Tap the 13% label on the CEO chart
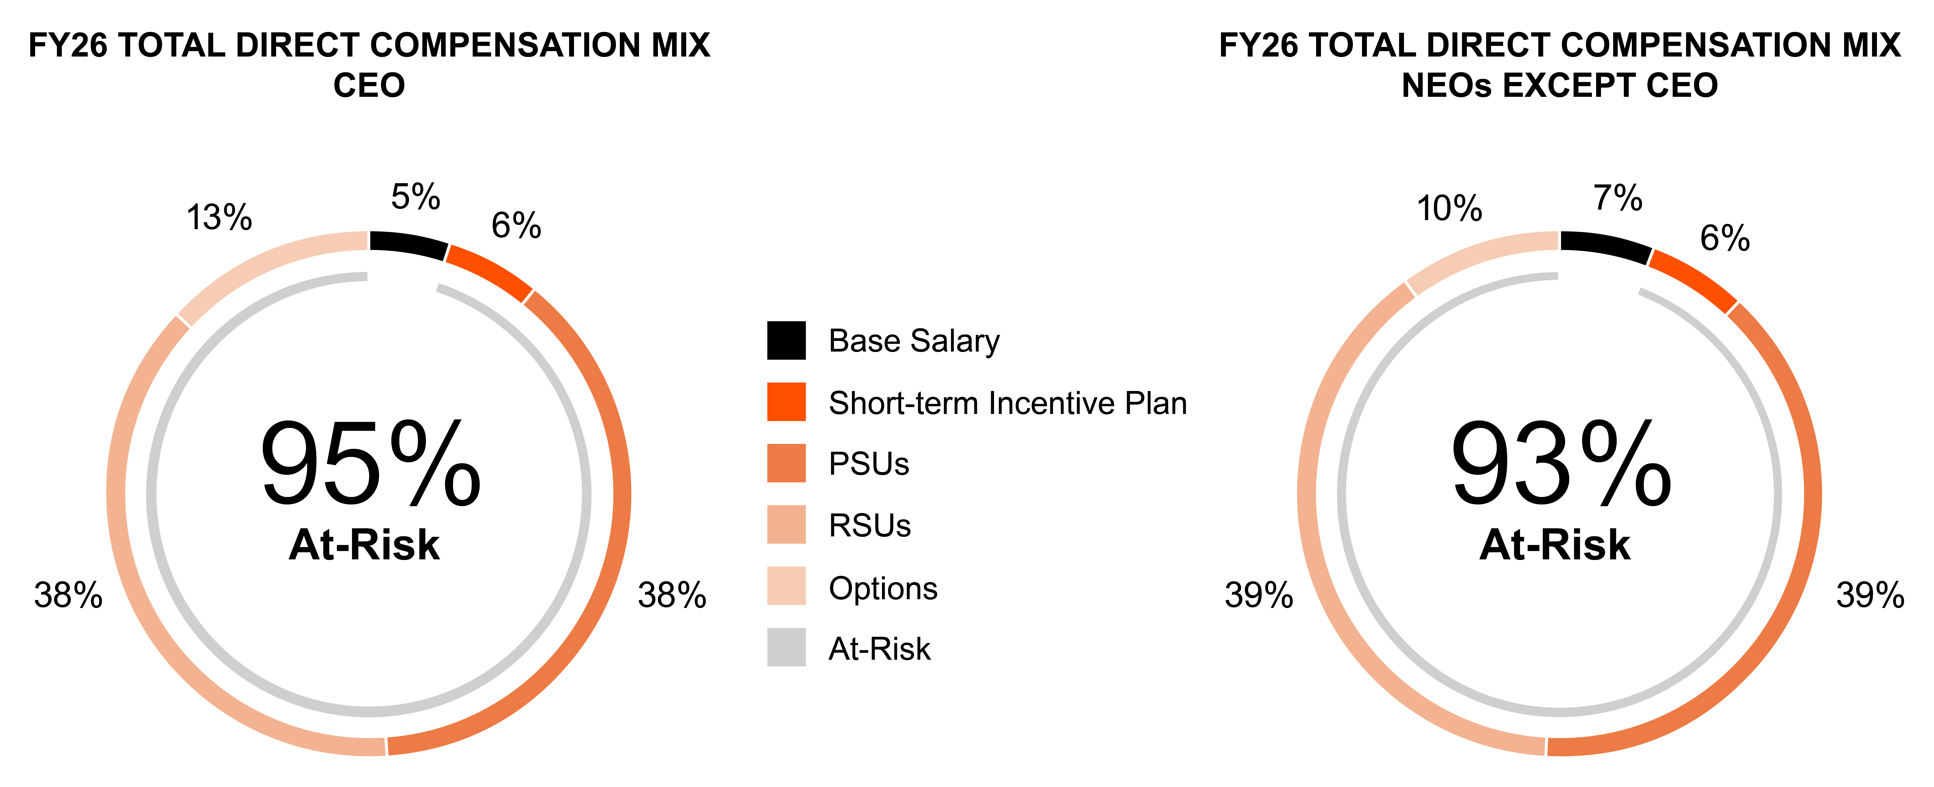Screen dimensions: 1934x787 (x=219, y=218)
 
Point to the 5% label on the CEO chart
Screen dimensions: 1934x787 (x=415, y=198)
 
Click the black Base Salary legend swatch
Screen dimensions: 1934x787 (x=786, y=340)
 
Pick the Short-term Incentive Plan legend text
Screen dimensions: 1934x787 (x=1008, y=403)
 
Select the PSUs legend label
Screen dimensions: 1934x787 (x=869, y=464)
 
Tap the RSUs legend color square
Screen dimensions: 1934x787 (x=786, y=524)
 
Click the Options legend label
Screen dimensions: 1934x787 (x=883, y=588)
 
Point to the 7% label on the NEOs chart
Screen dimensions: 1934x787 (x=1618, y=198)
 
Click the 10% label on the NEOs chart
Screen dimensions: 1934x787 (x=1449, y=209)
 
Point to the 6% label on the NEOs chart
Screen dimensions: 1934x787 (x=1725, y=239)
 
